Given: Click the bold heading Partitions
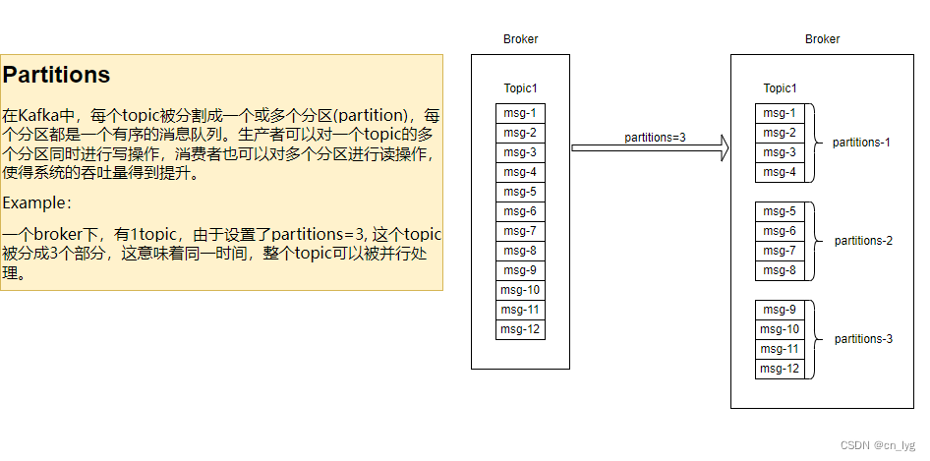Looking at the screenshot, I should click(57, 75).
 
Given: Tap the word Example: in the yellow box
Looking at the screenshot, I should click(37, 202).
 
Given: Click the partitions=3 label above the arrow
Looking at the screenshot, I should click(655, 137).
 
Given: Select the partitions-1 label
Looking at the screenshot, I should click(861, 143).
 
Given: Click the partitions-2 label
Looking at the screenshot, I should click(863, 241).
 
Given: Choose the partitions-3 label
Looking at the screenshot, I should click(863, 339).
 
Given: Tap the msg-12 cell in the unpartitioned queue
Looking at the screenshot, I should click(520, 329).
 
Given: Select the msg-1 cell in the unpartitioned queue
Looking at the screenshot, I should click(520, 113).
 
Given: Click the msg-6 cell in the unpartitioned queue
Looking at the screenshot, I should click(520, 211).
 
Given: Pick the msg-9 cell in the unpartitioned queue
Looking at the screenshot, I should click(520, 270).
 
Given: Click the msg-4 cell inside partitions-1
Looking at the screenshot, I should click(780, 172).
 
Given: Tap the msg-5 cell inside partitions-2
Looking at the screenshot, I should click(780, 211).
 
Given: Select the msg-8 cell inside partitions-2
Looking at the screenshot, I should click(780, 270).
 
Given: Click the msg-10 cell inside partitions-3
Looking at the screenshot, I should click(780, 329).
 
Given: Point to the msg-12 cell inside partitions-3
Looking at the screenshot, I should click(780, 369).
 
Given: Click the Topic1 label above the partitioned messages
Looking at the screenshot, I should click(781, 88).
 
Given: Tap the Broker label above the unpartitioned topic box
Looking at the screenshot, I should click(520, 39).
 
